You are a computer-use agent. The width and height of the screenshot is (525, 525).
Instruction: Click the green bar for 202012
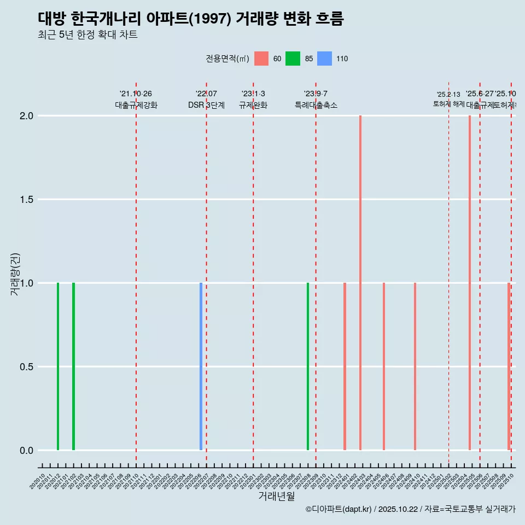(x=58, y=366)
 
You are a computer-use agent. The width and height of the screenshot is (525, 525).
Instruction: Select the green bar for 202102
(x=73, y=366)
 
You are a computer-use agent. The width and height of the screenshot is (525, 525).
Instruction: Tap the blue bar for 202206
(x=201, y=366)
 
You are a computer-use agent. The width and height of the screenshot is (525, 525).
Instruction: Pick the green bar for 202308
(x=308, y=366)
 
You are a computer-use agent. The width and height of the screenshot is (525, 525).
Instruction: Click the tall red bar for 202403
(x=360, y=283)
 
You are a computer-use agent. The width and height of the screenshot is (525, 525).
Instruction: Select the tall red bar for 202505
(x=469, y=283)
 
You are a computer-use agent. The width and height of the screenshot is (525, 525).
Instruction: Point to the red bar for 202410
(x=415, y=366)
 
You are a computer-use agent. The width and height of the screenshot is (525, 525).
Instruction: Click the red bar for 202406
(x=384, y=366)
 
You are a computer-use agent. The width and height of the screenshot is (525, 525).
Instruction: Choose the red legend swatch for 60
(x=261, y=59)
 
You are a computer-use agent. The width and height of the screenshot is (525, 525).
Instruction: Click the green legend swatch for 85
(x=293, y=59)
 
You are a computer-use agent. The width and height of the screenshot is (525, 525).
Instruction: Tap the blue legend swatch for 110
(x=325, y=59)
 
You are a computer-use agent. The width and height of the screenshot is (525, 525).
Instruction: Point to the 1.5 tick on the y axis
(x=26, y=200)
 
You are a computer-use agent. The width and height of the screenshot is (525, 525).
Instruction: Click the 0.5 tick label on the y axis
(x=26, y=367)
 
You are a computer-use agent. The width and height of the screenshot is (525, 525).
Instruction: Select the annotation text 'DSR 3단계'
(x=206, y=105)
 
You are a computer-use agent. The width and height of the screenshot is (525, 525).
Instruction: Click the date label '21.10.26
(x=136, y=94)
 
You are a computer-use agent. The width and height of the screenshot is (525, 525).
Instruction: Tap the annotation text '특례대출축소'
(x=316, y=105)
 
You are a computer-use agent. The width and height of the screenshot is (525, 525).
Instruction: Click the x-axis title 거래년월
(x=276, y=496)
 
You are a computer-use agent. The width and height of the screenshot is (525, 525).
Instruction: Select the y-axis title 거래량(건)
(x=15, y=275)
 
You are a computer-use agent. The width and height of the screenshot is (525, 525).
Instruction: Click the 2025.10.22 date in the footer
(x=398, y=509)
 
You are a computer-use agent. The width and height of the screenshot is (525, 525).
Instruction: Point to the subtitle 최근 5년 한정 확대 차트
(x=87, y=35)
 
